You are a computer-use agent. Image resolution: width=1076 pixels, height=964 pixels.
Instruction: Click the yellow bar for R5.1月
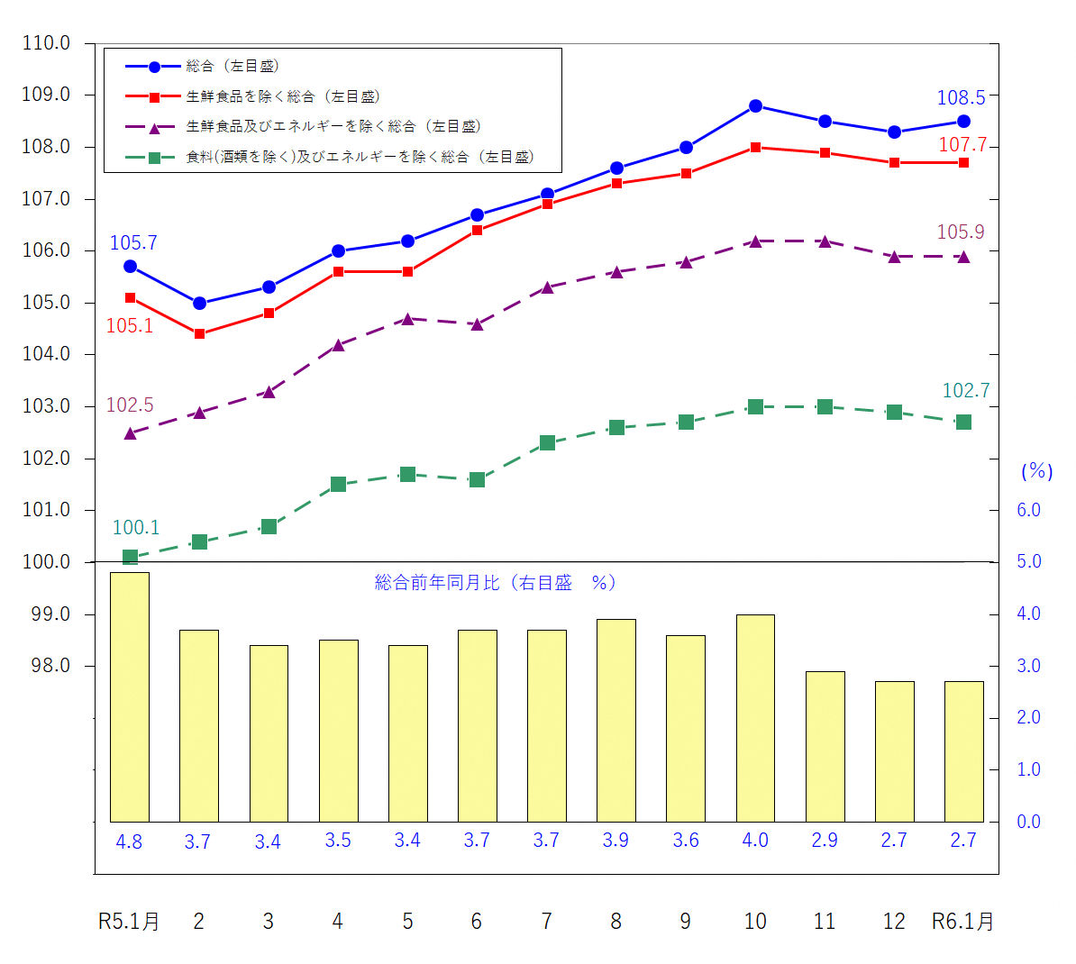click(130, 696)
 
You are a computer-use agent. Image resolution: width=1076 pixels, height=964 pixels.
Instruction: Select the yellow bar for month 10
click(755, 718)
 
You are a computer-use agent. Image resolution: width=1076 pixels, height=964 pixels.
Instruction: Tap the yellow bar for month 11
click(825, 746)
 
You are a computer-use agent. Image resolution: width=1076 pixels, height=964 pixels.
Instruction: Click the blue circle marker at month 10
click(755, 106)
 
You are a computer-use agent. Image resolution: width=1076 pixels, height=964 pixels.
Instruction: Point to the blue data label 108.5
click(961, 98)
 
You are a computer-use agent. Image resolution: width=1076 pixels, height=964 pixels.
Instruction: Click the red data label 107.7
click(962, 145)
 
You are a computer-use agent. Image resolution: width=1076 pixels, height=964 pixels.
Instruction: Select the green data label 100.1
click(135, 528)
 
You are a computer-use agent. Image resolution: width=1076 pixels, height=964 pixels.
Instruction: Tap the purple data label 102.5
click(130, 405)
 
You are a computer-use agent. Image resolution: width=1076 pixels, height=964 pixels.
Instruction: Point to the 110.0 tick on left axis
click(46, 43)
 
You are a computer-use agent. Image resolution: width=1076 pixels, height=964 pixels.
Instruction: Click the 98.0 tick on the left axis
click(50, 666)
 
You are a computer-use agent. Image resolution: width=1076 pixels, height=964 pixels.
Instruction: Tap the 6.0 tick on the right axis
click(1028, 510)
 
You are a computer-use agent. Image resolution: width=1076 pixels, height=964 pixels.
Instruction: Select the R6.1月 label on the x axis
click(962, 922)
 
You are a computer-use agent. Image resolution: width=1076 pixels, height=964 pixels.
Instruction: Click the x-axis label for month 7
click(546, 922)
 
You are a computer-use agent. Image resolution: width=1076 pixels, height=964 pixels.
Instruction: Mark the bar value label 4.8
click(129, 841)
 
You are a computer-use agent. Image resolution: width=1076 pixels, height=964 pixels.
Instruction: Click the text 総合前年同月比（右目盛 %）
click(495, 583)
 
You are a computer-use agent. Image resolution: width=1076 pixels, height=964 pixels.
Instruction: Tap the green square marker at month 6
click(477, 480)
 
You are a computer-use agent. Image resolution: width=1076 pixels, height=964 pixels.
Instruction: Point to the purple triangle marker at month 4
click(338, 345)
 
